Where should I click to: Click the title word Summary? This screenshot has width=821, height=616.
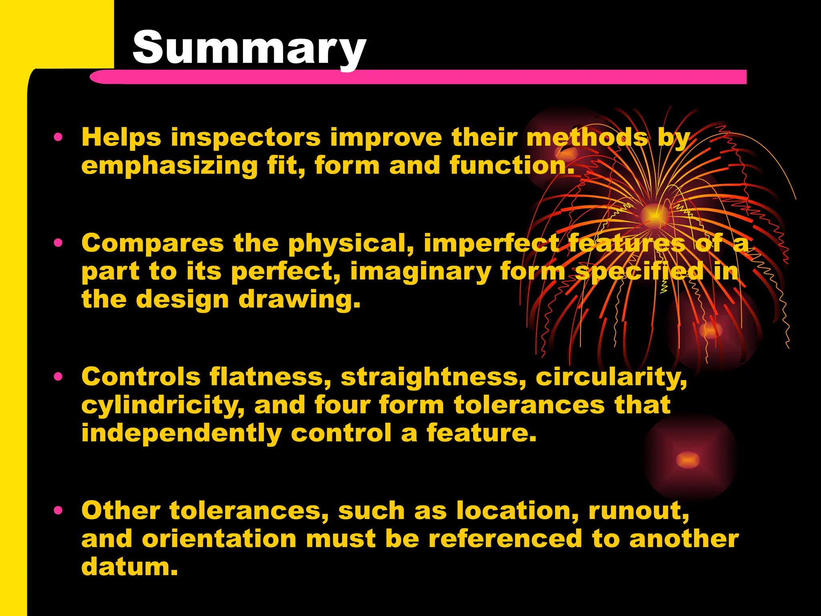249,48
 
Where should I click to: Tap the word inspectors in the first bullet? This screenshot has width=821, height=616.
245,138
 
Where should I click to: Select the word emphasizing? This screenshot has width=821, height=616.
170,166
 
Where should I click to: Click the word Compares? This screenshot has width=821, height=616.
152,243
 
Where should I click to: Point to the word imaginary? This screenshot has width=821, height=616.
421,272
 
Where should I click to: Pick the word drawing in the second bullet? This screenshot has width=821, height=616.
299,300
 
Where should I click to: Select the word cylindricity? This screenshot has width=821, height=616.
163,405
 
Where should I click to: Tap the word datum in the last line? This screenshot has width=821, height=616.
129,567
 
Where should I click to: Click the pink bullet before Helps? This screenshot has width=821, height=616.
59,138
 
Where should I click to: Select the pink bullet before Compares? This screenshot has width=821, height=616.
59,243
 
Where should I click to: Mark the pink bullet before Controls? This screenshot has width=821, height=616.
59,377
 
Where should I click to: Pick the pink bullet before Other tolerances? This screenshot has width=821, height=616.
59,510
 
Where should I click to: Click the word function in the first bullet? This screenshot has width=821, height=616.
512,166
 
